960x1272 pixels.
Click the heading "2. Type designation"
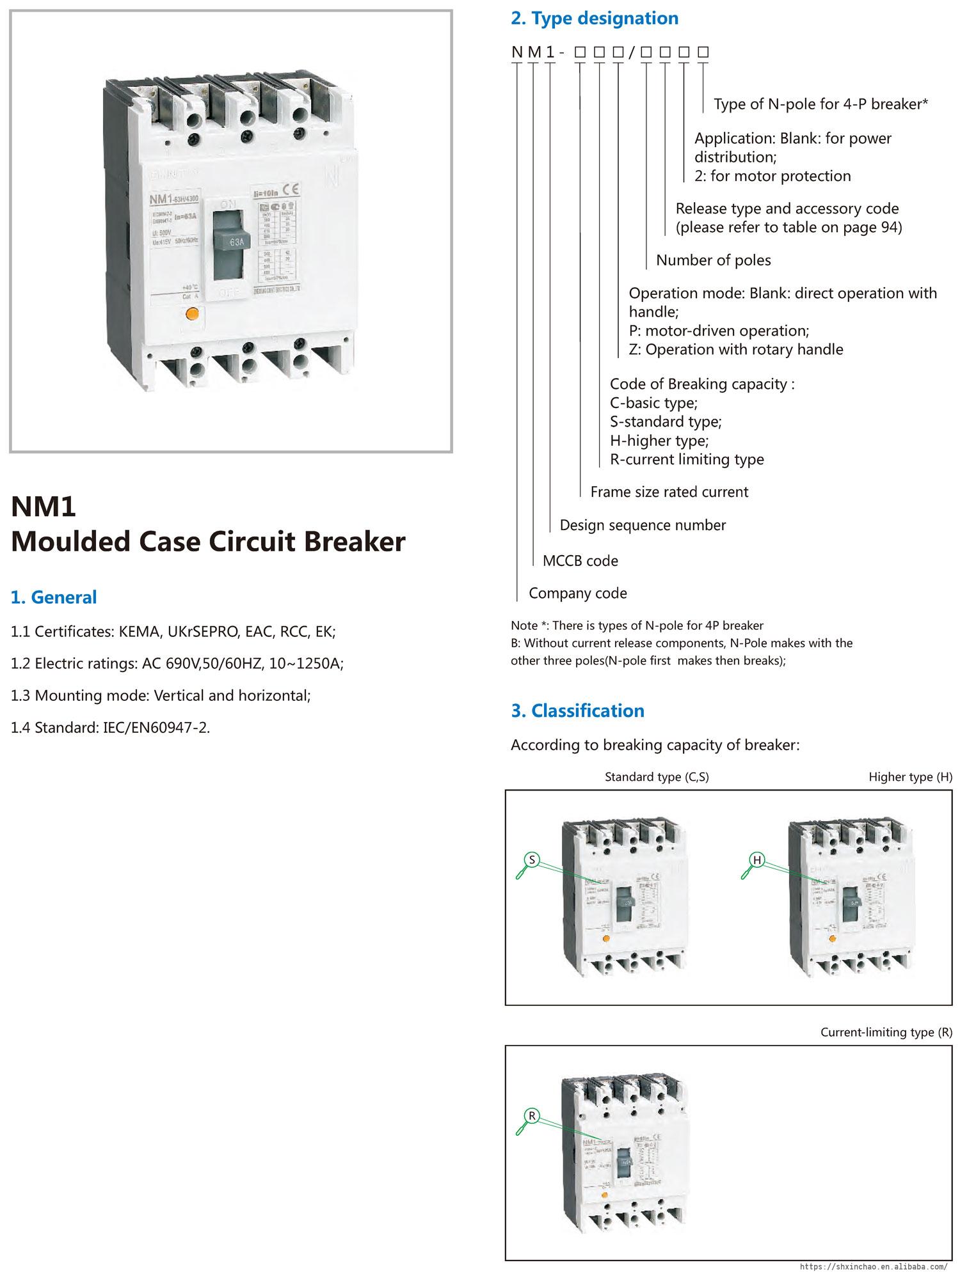(594, 19)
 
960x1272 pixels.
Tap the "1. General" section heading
(54, 597)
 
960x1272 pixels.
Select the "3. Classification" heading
(577, 711)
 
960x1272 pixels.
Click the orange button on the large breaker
(191, 314)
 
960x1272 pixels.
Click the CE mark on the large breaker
(289, 189)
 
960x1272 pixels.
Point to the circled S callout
(532, 860)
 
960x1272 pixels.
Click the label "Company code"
(577, 593)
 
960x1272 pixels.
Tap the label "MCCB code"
(580, 561)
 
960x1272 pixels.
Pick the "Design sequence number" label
(643, 525)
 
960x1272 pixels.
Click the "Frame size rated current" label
(669, 492)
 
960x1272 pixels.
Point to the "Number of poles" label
(713, 260)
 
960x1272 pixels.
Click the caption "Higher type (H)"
(910, 777)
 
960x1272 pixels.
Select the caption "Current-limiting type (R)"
(886, 1032)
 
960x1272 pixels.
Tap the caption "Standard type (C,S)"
(657, 777)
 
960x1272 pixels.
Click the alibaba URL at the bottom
(874, 1266)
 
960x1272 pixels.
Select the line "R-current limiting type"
(687, 459)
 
